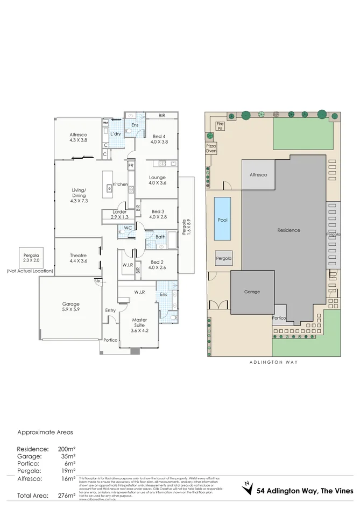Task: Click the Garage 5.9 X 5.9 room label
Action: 71,307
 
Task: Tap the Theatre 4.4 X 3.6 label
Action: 79,258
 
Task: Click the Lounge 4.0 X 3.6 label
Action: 157,180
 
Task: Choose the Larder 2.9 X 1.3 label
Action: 119,214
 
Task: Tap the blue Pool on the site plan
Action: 222,219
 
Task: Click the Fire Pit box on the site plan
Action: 220,126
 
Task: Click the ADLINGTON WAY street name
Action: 273,362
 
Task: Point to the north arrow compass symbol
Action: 246,487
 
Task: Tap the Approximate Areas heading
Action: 45,432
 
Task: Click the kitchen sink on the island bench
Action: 109,188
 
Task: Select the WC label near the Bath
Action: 128,228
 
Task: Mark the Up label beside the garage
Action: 97,281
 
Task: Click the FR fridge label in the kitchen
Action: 130,166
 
